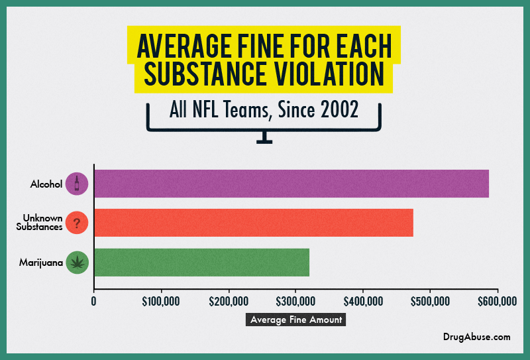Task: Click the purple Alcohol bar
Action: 291,184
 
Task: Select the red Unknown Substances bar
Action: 254,223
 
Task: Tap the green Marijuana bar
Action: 202,263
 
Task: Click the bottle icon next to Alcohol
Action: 77,184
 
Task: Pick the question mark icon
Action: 77,223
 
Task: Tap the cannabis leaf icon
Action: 77,263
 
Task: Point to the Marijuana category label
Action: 40,263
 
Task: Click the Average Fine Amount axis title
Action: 296,320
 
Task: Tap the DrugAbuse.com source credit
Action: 477,337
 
